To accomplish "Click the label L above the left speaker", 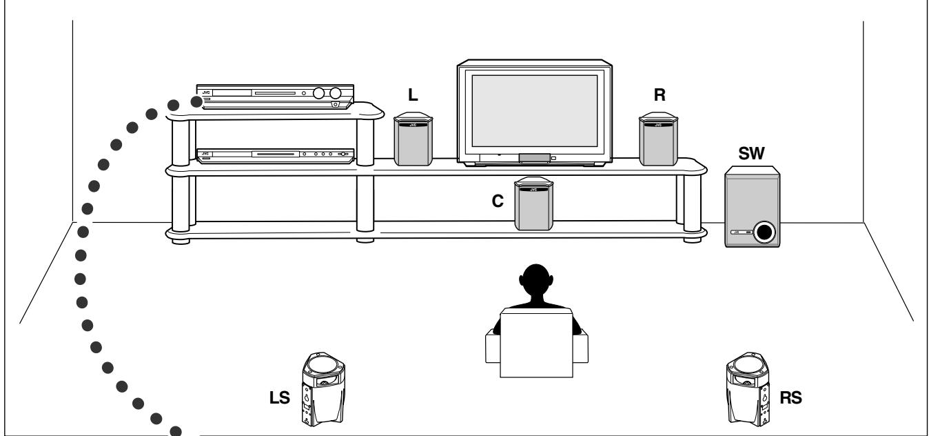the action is (x=413, y=97).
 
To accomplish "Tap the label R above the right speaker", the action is (x=660, y=96).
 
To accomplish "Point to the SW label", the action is (x=751, y=155).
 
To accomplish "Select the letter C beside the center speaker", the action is (x=498, y=202).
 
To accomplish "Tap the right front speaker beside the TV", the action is (x=658, y=141).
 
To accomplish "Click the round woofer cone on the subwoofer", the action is (x=763, y=232).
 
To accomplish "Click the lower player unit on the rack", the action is (x=276, y=157).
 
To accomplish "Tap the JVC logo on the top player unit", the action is (x=205, y=90).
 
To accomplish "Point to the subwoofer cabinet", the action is (x=753, y=207).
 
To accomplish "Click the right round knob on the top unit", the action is (x=336, y=92).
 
